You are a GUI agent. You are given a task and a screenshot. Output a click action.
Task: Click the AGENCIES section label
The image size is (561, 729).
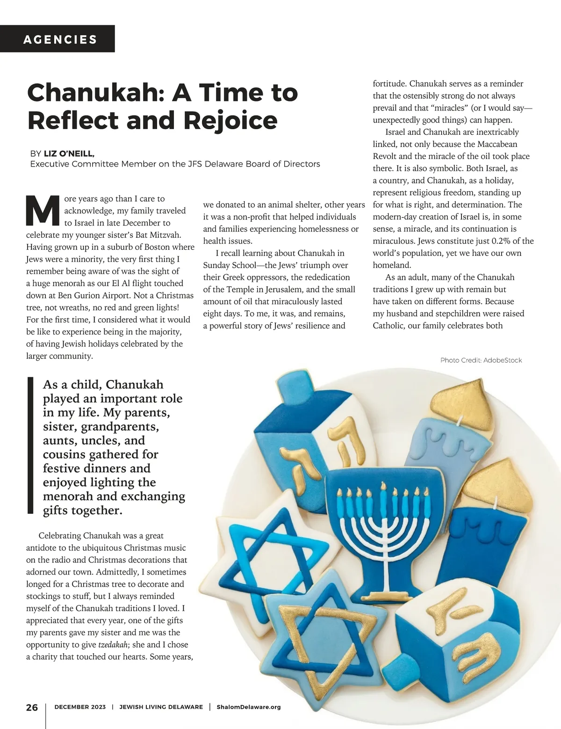point(60,39)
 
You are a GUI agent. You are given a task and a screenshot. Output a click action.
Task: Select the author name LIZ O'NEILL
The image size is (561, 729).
point(69,153)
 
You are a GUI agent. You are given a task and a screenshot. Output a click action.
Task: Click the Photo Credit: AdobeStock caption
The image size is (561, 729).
point(481,360)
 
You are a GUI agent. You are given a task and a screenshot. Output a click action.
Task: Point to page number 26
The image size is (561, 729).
point(32,707)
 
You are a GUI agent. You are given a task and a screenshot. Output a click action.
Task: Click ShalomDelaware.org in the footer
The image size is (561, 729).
point(249,707)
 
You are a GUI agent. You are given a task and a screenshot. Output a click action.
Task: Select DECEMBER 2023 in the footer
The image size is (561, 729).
point(80,707)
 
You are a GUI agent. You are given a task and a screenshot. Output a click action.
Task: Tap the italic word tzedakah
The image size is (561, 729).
point(113,645)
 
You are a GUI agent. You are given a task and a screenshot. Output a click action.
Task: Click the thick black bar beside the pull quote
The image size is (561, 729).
point(30,445)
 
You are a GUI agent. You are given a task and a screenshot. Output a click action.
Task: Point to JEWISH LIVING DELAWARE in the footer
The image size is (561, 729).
point(161,707)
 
